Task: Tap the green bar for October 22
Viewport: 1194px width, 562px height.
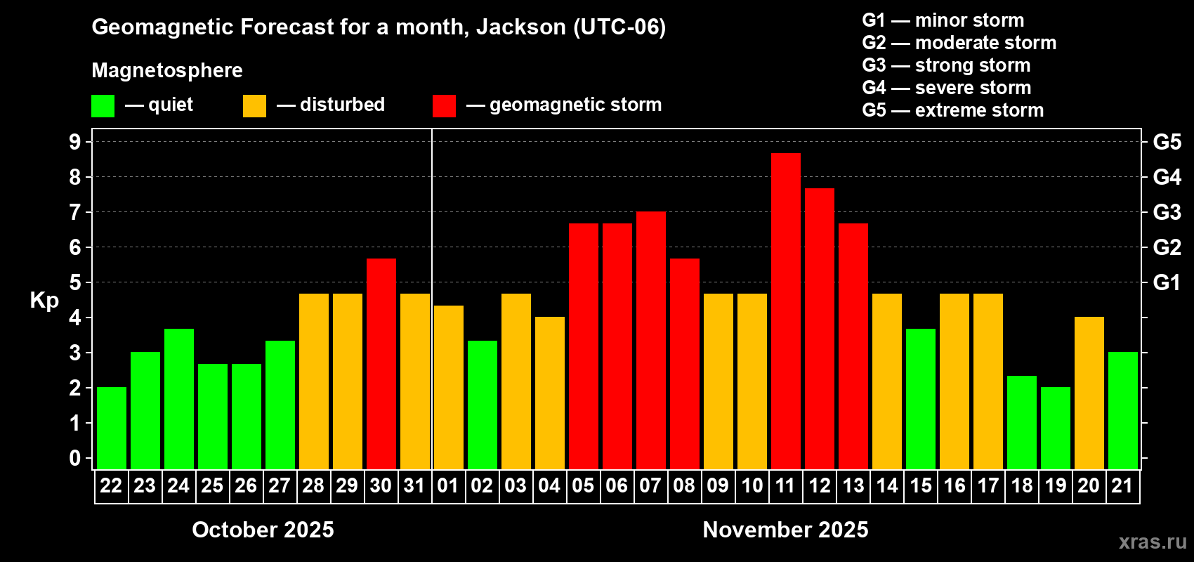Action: pos(111,428)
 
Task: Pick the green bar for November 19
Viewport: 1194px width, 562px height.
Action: pos(1055,428)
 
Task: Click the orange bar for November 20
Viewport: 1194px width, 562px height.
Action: pos(1089,393)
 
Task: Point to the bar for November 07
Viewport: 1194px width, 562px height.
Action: pos(650,340)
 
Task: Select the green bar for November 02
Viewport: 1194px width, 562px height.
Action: pos(482,405)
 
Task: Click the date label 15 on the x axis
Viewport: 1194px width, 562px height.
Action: pos(920,486)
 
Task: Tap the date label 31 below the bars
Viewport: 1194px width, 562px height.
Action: pos(414,486)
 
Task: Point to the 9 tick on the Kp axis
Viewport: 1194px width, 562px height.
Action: pos(75,142)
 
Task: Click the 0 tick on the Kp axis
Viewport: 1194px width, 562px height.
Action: pos(75,459)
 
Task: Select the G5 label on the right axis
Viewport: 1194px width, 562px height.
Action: pos(1167,142)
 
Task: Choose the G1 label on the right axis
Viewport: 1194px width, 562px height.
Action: pos(1167,282)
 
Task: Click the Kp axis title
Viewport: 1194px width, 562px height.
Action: pos(44,300)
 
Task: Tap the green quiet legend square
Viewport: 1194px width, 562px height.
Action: pos(103,106)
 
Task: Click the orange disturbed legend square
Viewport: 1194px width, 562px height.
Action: pos(254,106)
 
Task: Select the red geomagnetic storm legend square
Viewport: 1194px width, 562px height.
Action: pos(444,106)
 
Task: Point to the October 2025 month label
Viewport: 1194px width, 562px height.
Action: pos(263,530)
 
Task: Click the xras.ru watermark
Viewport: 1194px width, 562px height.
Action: pos(1153,542)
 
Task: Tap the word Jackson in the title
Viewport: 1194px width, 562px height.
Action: pos(520,27)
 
